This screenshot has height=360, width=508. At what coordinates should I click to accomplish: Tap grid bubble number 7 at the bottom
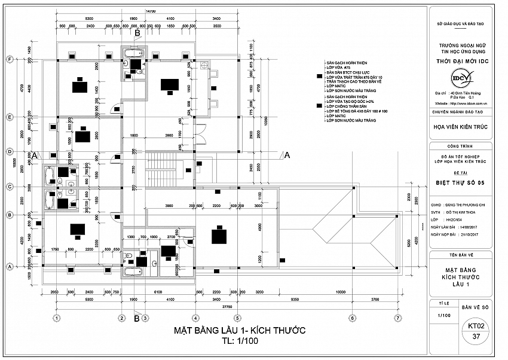[397, 318]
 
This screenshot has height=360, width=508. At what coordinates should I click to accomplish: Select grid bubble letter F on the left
[10, 59]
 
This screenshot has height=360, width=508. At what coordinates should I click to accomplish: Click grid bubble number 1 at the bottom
[56, 318]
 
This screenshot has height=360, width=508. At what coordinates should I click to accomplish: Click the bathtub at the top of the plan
[130, 54]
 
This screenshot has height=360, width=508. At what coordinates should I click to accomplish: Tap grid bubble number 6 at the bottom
[352, 318]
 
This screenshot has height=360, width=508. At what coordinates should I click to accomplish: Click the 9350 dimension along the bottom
[295, 298]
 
